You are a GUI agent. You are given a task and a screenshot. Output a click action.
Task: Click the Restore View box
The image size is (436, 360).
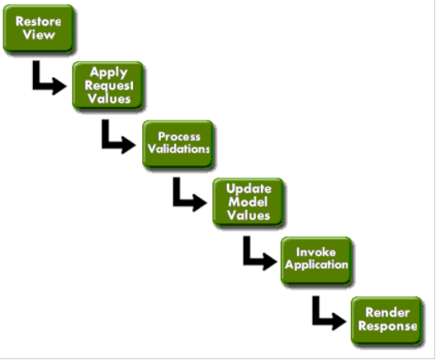[39, 29]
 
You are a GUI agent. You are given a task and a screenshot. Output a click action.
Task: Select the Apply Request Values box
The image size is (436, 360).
[108, 86]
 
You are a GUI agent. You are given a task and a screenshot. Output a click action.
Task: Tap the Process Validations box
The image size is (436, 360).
[178, 144]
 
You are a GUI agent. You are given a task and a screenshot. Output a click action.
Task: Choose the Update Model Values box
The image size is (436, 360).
[248, 201]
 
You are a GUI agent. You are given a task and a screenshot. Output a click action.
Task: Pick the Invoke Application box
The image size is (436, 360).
[316, 260]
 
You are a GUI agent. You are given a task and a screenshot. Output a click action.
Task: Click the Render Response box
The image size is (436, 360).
[386, 319]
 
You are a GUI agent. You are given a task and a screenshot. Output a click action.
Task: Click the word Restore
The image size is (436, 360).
[39, 22]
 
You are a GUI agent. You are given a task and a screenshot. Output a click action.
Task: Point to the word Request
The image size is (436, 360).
[108, 86]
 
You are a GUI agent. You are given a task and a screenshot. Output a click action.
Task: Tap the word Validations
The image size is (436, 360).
[178, 150]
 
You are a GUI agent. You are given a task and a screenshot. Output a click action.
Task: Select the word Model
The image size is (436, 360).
[248, 202]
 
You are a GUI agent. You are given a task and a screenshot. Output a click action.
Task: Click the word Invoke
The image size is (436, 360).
[316, 253]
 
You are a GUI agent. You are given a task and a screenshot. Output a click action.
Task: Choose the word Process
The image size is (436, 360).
[178, 137]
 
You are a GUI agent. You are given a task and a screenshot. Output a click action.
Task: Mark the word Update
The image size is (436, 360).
[248, 189]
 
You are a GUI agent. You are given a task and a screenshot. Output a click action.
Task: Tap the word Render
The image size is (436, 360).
[386, 312]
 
